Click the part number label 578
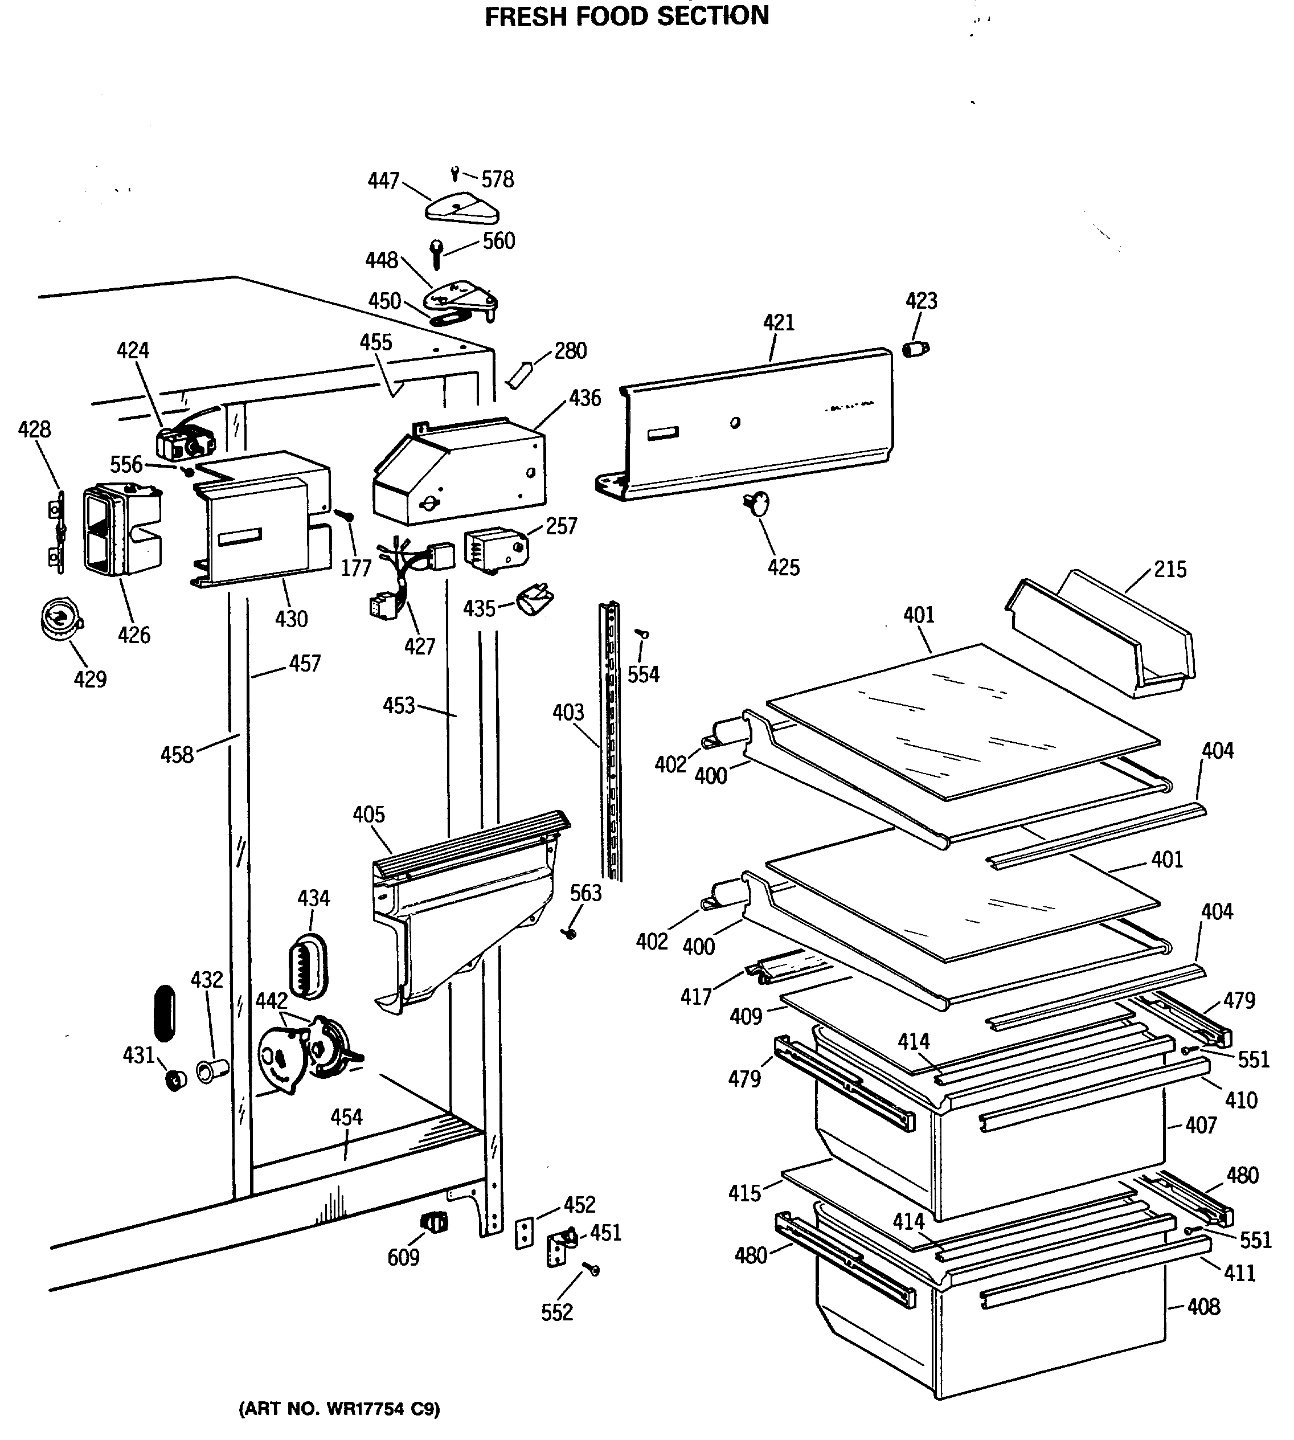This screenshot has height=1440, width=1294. pyautogui.click(x=497, y=179)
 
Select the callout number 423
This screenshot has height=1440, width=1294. pyautogui.click(x=921, y=301)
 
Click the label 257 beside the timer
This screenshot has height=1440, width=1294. pyautogui.click(x=561, y=526)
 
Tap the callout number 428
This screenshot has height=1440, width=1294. pyautogui.click(x=34, y=429)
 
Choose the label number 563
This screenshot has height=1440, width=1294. pyautogui.click(x=586, y=893)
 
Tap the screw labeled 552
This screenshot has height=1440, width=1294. pyautogui.click(x=592, y=1269)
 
